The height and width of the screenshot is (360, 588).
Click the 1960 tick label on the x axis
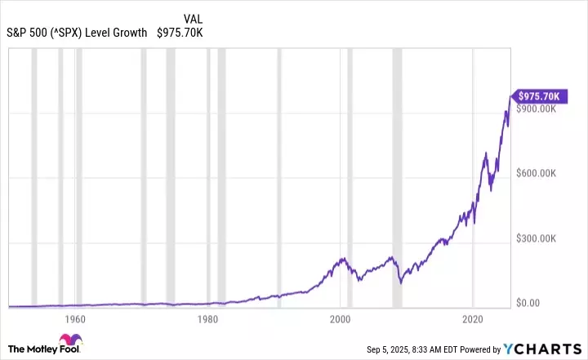(x=74, y=318)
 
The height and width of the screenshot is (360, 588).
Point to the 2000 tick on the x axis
(x=341, y=318)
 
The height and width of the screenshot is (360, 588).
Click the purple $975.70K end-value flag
(x=538, y=96)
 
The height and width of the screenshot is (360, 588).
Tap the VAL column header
(x=194, y=18)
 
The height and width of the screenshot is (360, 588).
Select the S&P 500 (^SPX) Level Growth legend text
(x=77, y=33)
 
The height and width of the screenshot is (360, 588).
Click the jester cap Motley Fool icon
(x=68, y=343)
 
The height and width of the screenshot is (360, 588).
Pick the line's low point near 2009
(x=401, y=283)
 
